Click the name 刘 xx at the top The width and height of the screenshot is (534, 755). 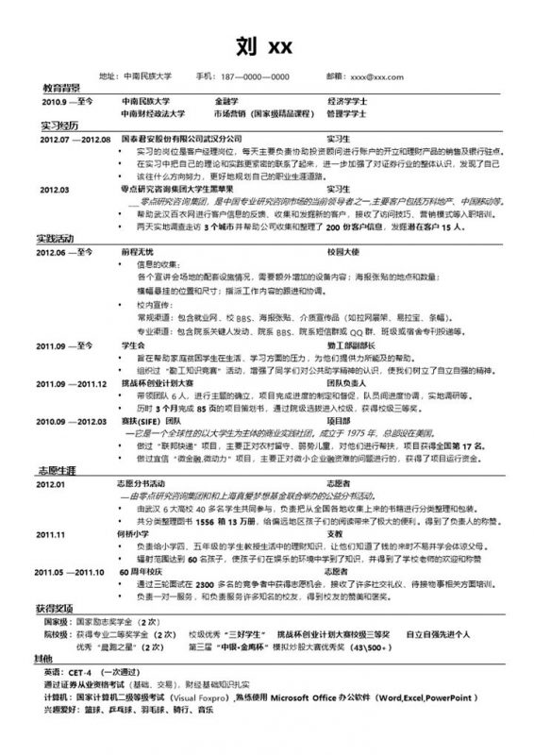pos(266,44)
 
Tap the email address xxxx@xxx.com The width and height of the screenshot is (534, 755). pos(376,75)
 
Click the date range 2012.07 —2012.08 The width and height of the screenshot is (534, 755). pos(75,138)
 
